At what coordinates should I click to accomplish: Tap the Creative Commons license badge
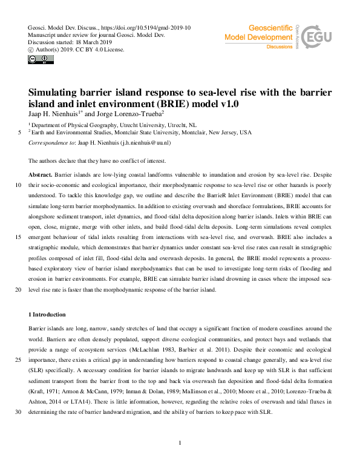(36, 59)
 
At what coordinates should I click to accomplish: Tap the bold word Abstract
(41, 173)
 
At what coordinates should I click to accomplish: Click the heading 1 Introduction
(51, 315)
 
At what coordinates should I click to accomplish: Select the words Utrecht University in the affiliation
(143, 123)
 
